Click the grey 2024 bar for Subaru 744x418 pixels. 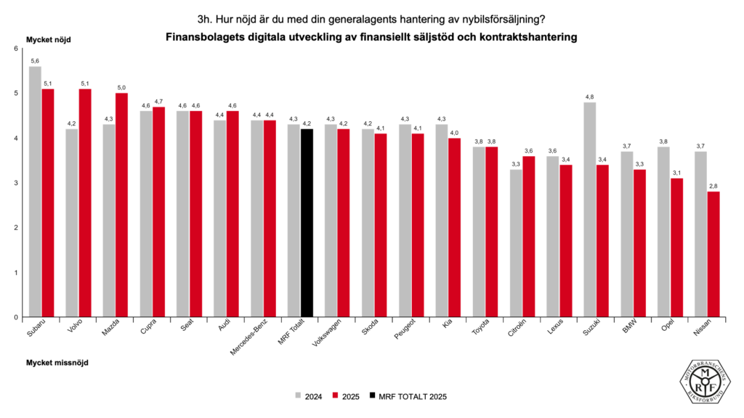click(35, 192)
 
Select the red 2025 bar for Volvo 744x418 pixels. click(84, 203)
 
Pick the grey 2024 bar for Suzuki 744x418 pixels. click(589, 210)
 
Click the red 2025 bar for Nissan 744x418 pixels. click(713, 254)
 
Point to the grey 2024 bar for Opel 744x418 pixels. click(663, 232)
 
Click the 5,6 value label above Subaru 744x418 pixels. click(35, 61)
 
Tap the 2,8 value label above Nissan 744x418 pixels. click(713, 187)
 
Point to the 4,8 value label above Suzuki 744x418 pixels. click(589, 97)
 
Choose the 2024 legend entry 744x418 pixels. click(309, 396)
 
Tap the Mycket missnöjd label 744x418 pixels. click(57, 361)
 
